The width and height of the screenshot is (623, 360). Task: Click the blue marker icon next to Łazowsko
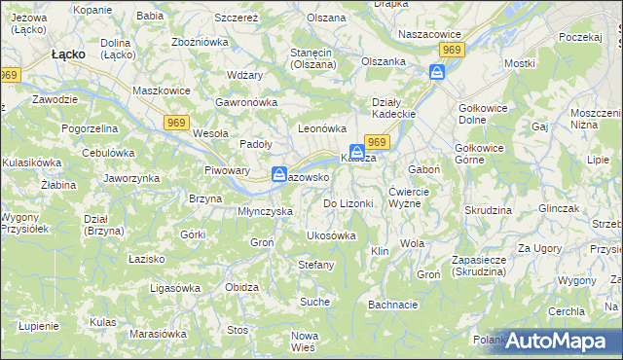click(x=279, y=175)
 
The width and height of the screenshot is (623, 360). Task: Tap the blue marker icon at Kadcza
click(x=358, y=153)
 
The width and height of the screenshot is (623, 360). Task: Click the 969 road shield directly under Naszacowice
click(x=450, y=49)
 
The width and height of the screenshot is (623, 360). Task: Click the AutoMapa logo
click(x=564, y=341)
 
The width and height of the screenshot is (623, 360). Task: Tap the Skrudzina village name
click(x=488, y=210)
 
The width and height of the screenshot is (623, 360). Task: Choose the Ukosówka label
click(x=331, y=235)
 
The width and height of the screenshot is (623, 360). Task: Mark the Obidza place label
click(x=241, y=287)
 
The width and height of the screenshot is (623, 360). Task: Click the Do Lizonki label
click(x=348, y=203)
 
